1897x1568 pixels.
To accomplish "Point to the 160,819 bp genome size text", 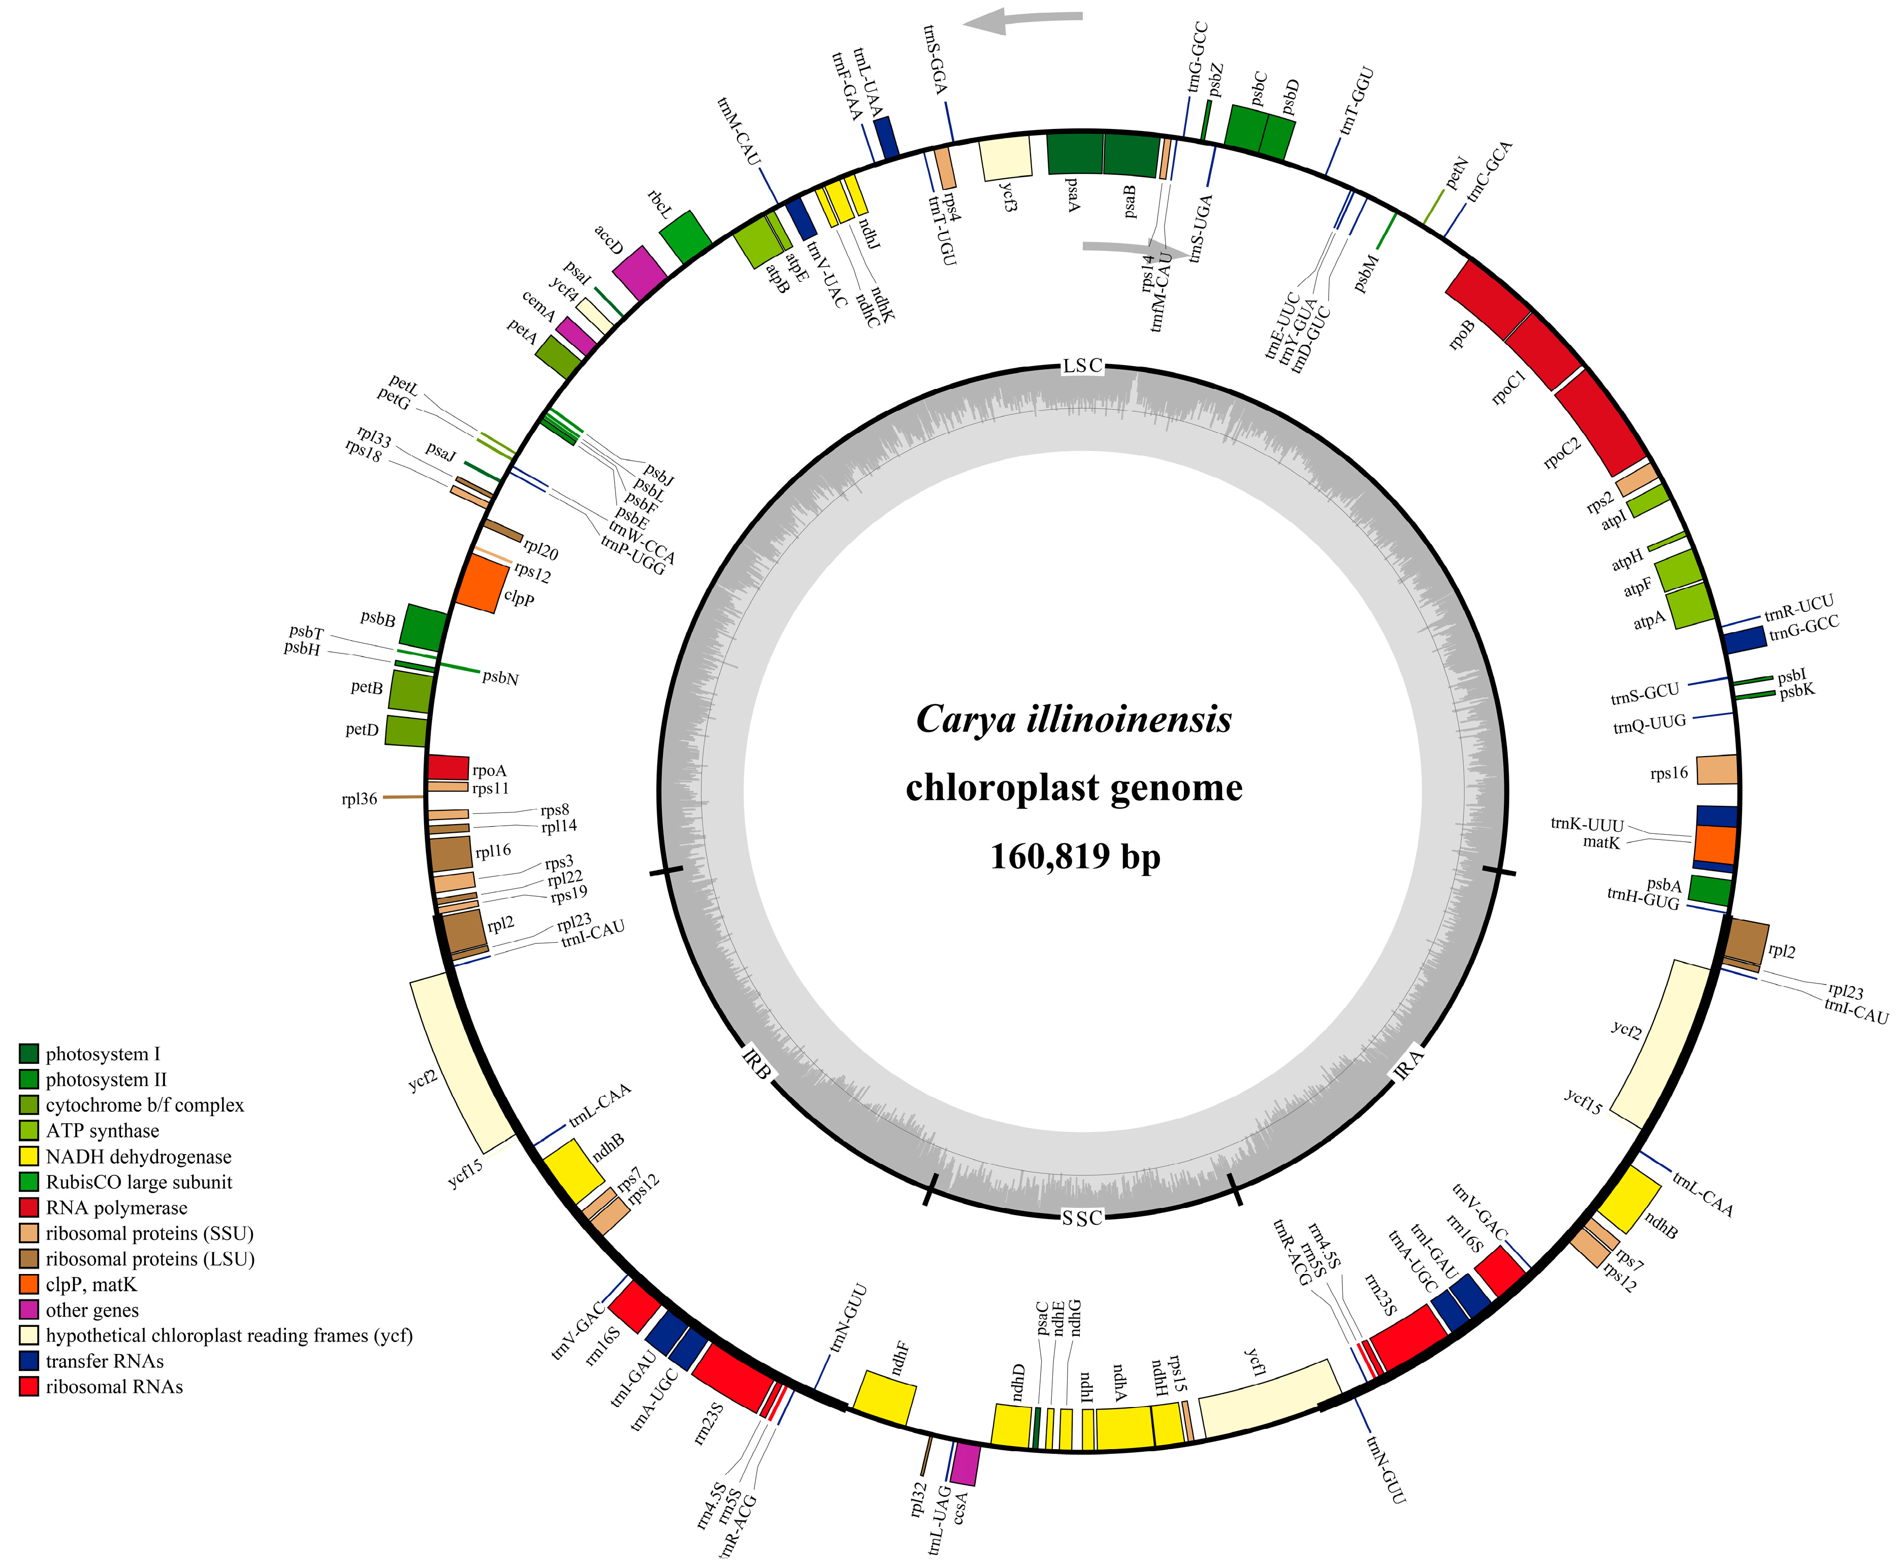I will pos(1074,856).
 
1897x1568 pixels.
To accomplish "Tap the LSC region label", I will pos(1082,366).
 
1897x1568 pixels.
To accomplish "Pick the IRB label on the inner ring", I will pos(757,1064).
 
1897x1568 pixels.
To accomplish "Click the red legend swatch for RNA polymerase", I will pos(29,1207).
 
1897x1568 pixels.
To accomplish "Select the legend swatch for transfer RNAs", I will pos(29,1361).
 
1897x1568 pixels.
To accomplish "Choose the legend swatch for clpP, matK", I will pos(29,1284).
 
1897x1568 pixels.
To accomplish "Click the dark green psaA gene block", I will pos(1074,153).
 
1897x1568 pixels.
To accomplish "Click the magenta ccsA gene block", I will pos(966,1463).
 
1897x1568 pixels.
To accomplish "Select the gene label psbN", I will pos(500,677).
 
